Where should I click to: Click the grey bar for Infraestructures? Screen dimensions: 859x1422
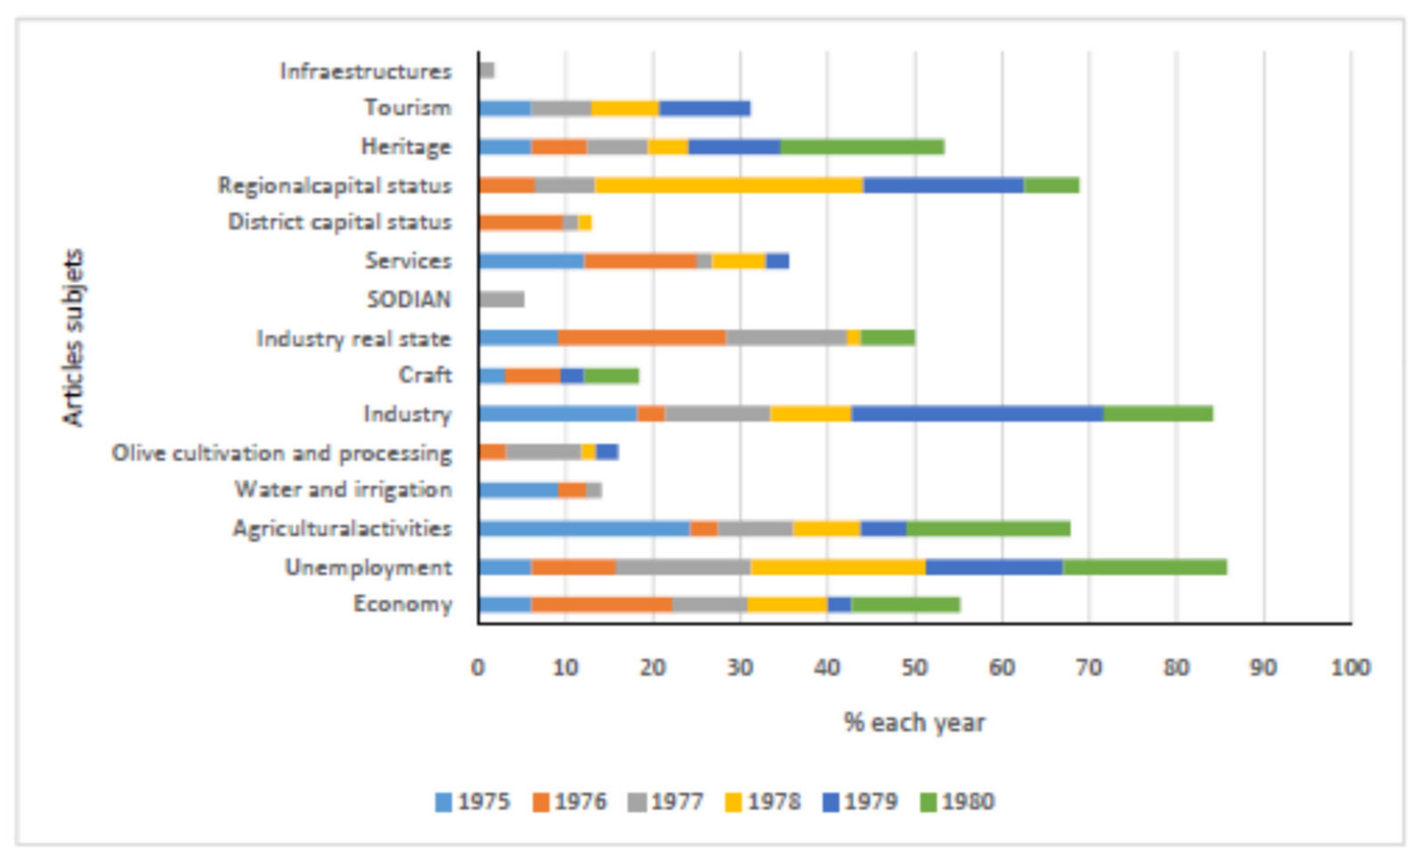pos(486,71)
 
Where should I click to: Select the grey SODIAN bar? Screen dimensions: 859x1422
pos(501,299)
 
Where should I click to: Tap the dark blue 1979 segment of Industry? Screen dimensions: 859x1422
pos(976,414)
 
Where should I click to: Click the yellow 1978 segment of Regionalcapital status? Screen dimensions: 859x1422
pos(729,185)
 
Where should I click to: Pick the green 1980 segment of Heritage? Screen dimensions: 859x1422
pos(862,146)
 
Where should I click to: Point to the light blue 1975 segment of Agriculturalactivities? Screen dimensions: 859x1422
pos(583,528)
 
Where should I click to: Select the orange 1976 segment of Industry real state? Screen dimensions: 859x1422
pos(642,338)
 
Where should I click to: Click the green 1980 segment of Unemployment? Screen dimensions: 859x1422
pos(1144,567)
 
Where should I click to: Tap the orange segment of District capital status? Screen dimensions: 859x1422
pos(520,223)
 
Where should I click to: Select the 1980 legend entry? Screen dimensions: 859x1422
pos(957,802)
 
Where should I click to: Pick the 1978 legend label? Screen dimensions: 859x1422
pos(774,802)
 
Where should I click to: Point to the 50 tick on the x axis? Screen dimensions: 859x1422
pos(914,668)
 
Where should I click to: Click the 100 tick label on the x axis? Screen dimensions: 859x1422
pos(1350,668)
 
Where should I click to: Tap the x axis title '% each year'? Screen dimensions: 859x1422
pos(914,722)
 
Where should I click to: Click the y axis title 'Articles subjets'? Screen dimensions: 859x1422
pos(73,338)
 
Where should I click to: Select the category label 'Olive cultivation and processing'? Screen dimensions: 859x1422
pos(282,453)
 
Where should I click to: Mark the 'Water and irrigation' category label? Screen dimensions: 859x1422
pos(343,490)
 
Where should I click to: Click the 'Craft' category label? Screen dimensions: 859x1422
pos(425,375)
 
